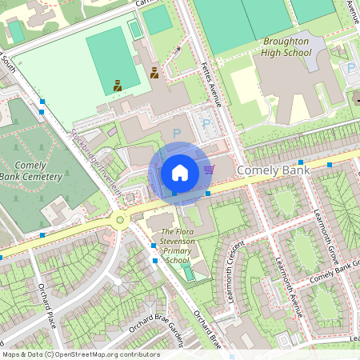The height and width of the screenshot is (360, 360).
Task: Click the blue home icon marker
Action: tap(179, 172)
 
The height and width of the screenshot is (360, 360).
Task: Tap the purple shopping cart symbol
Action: tap(209, 169)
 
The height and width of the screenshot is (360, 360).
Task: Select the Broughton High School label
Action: tap(286, 46)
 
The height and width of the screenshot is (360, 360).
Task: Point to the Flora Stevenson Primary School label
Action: tap(172, 246)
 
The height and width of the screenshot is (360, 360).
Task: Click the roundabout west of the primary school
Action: tap(119, 218)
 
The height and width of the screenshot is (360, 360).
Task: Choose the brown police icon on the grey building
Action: tap(154, 73)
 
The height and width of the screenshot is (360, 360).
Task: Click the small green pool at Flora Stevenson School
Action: tap(188, 274)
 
